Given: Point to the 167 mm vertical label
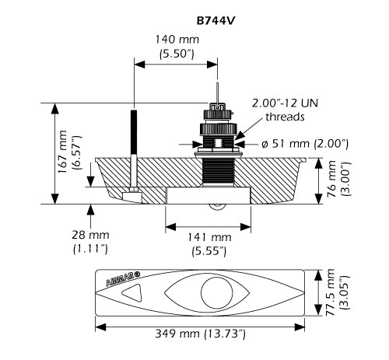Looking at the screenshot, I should [x=63, y=153].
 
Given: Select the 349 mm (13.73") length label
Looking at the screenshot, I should [x=201, y=334].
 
